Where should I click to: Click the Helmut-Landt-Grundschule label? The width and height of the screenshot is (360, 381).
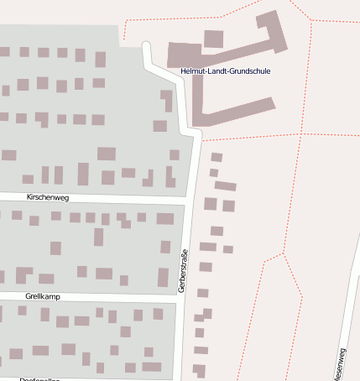coord(224,70)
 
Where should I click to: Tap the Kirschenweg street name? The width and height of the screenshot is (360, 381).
coord(47,197)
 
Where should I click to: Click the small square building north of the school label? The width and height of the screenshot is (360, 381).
coord(214,39)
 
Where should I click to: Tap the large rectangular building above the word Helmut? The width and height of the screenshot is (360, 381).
coord(185,54)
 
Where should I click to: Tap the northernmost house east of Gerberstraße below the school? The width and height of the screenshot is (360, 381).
coord(217,157)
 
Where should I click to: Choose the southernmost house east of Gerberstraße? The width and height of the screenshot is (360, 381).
coord(199,368)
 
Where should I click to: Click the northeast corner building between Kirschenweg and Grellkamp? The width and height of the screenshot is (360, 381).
coord(164,218)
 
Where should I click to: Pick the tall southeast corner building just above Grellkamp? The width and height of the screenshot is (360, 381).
coord(163,277)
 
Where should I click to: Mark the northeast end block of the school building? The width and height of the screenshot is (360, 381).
coord(269,18)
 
